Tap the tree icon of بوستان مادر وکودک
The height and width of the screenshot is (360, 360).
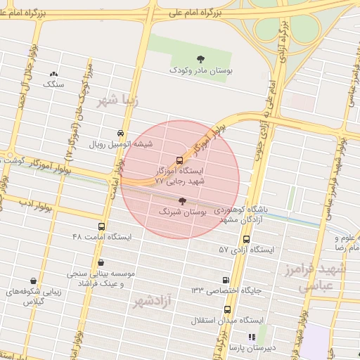[201, 59]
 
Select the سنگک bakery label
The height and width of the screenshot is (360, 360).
[53, 84]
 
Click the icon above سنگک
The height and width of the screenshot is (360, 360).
[53, 74]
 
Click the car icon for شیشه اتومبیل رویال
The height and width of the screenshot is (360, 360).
[121, 133]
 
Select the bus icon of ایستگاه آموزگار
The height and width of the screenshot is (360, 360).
[179, 160]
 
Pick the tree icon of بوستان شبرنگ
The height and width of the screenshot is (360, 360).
[183, 201]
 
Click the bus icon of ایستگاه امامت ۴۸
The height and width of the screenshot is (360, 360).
[102, 227]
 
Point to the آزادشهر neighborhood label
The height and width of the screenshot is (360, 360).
[152, 302]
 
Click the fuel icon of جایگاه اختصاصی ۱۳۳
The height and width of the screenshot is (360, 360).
[225, 280]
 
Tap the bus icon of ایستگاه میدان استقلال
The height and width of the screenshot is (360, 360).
[226, 309]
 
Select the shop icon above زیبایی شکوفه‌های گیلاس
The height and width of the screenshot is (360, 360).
[33, 281]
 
